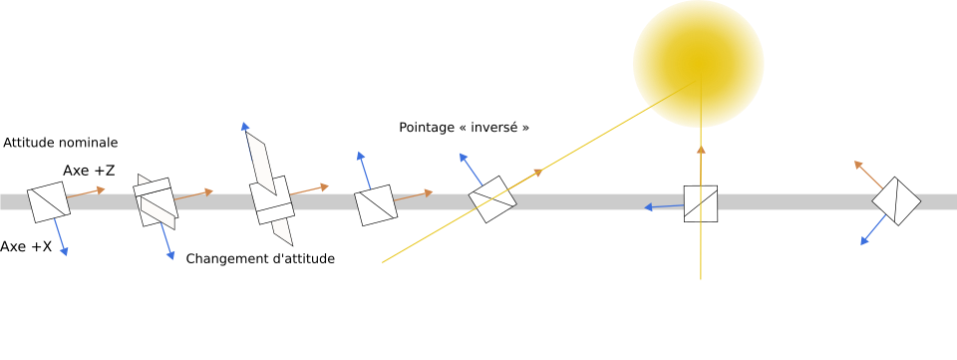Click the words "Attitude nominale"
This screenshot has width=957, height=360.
click(x=61, y=143)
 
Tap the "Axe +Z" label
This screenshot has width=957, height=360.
click(x=89, y=171)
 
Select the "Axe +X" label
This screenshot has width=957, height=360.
click(x=26, y=246)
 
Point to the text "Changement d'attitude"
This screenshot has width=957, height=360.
click(x=260, y=258)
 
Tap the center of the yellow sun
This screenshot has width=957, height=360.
click(x=698, y=64)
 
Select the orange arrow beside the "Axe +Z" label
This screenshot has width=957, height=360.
click(x=86, y=192)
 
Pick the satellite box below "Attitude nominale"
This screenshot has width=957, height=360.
click(x=49, y=202)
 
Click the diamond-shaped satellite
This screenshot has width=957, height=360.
click(x=896, y=201)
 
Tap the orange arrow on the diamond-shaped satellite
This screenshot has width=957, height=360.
click(x=868, y=175)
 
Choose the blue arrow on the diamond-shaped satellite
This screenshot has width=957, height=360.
click(x=873, y=229)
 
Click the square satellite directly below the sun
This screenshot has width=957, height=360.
click(x=701, y=203)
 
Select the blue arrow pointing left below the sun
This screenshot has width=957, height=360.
click(x=664, y=206)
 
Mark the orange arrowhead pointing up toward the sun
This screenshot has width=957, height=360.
click(x=701, y=149)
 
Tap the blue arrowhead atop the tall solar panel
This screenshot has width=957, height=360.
click(x=245, y=127)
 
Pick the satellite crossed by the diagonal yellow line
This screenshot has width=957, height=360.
click(x=492, y=199)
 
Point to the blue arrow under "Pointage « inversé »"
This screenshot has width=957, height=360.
click(x=472, y=170)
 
